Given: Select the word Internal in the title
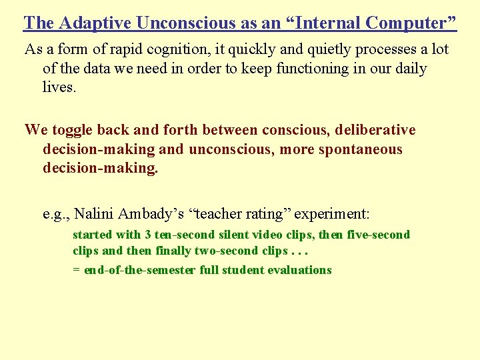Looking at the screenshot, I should [318, 23].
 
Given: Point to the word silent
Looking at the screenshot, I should [234, 235].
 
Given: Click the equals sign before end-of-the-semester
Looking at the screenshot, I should [76, 271].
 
